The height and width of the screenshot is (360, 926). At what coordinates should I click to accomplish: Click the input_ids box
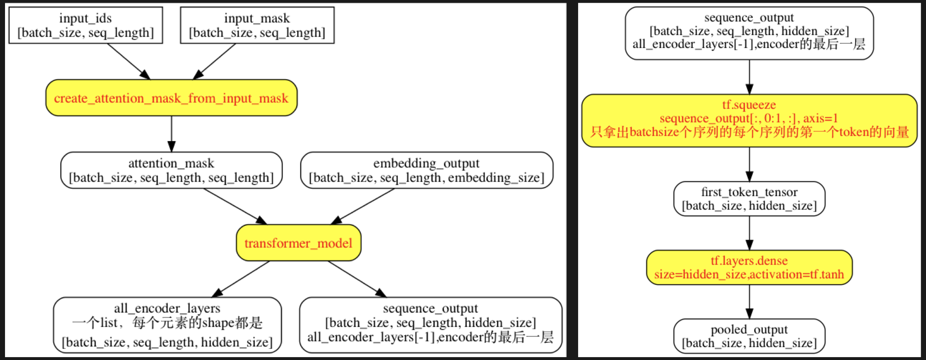coord(86,25)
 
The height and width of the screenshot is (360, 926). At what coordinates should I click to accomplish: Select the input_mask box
coord(257,25)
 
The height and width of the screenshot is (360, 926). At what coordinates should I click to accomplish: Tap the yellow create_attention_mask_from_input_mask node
coord(171,98)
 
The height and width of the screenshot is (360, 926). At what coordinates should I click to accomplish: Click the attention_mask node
coord(171,170)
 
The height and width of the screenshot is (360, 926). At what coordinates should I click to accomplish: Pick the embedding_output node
coord(426,170)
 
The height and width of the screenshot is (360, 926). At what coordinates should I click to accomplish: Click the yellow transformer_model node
coord(298,243)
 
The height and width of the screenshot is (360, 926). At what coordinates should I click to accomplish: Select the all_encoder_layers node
coord(167,325)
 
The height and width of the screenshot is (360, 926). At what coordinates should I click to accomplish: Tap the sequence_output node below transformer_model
coord(430,325)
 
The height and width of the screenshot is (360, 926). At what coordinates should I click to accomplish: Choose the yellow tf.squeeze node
coord(749,121)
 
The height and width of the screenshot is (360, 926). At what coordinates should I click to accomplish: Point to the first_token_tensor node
coord(749,199)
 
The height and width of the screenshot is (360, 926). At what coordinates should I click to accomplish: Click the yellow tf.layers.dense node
coord(749,267)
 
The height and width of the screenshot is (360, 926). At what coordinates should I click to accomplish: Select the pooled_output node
coord(749,336)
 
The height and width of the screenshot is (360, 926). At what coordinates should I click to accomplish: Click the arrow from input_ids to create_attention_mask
coord(128,61)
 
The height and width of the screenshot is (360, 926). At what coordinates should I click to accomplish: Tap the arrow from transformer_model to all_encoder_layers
coord(241,279)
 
